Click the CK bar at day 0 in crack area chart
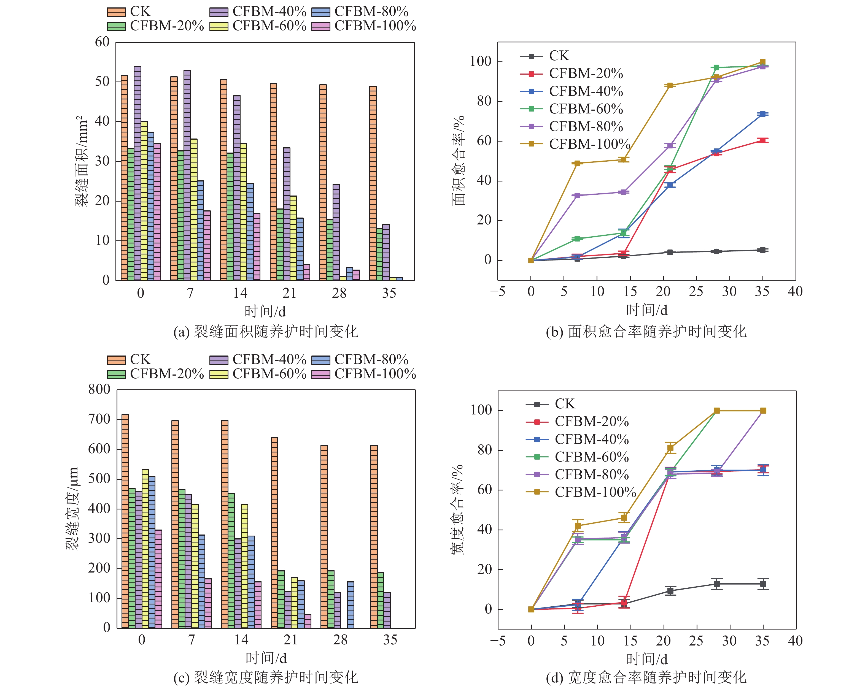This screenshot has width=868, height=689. pyautogui.click(x=124, y=178)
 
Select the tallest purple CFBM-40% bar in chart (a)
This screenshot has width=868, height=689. pyautogui.click(x=137, y=173)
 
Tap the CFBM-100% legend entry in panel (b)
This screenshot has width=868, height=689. pyautogui.click(x=589, y=144)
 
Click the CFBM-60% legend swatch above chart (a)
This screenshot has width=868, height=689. pyautogui.click(x=219, y=26)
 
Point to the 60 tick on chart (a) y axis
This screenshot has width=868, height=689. pyautogui.click(x=102, y=42)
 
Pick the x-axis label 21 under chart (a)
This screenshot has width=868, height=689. pyautogui.click(x=289, y=293)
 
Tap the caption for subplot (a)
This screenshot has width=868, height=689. pyautogui.click(x=266, y=332)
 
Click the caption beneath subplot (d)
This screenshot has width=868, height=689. pyautogui.click(x=646, y=677)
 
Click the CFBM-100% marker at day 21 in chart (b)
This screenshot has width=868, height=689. pyautogui.click(x=670, y=85)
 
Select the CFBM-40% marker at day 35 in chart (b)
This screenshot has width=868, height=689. pyautogui.click(x=762, y=114)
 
